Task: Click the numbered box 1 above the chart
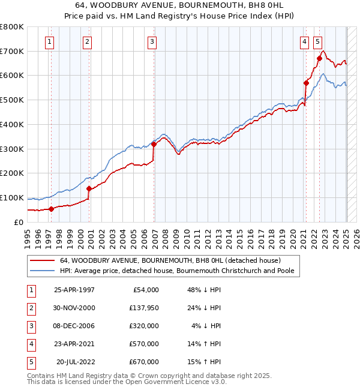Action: point(49,41)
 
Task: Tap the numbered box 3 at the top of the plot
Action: point(152,41)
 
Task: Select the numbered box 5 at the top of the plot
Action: point(317,41)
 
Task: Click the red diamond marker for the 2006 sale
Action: point(154,144)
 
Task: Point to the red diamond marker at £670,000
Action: point(319,58)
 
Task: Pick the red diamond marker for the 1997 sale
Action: point(51,209)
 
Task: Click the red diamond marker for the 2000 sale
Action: point(89,188)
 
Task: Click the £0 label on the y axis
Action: point(18,222)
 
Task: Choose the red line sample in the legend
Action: point(43,260)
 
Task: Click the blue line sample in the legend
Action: point(43,271)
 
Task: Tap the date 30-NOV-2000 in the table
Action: point(74,308)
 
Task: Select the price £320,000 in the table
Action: point(144,326)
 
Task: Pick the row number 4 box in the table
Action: point(31,344)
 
